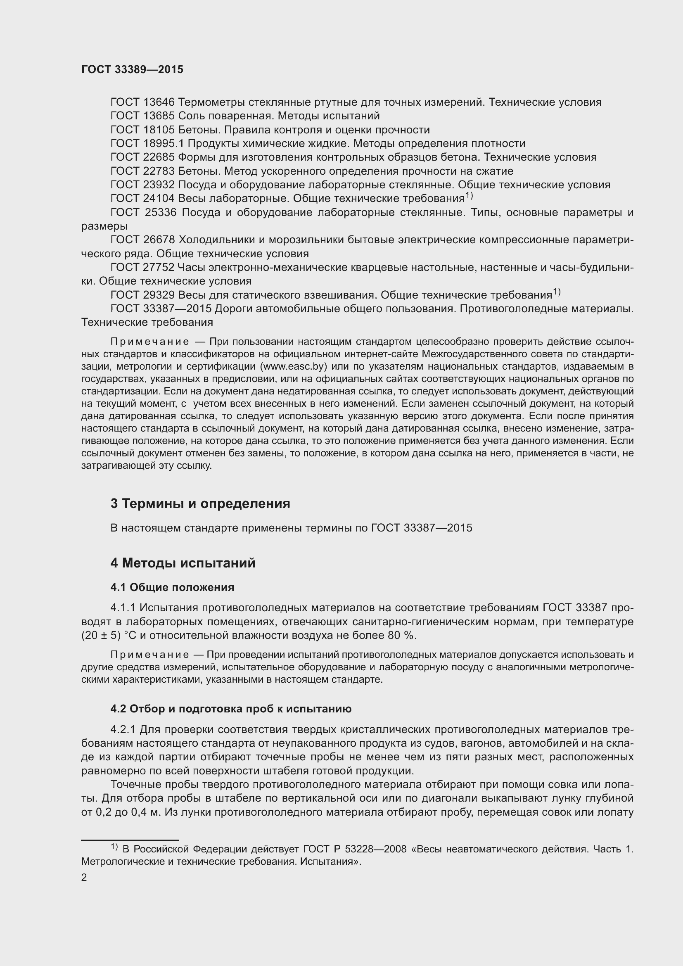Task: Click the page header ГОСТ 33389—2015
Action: [132, 70]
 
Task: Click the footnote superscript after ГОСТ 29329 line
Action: [556, 292]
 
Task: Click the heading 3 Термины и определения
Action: [200, 503]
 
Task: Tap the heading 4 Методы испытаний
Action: [183, 563]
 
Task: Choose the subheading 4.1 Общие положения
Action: [172, 587]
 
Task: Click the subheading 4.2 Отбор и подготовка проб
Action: [230, 709]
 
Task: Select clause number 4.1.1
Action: [123, 608]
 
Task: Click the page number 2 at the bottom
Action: [84, 878]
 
